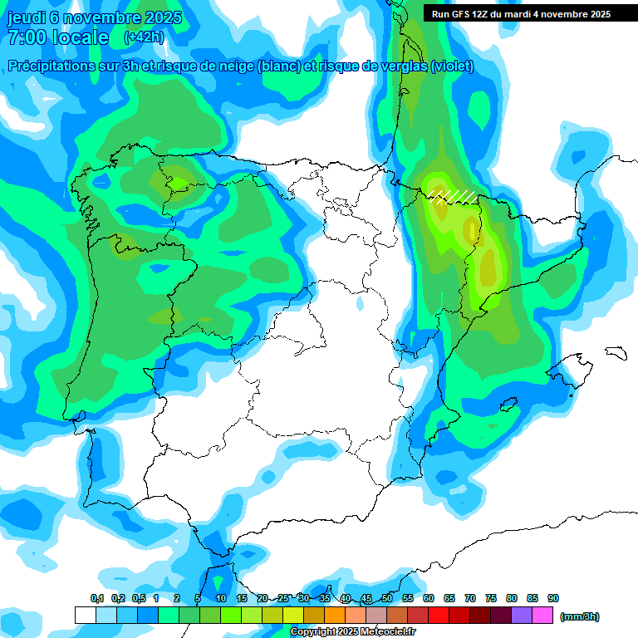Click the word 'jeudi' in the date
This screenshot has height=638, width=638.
pyautogui.click(x=27, y=17)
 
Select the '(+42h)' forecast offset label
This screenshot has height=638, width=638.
pyautogui.click(x=144, y=37)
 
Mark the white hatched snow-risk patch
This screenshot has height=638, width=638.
pyautogui.click(x=454, y=196)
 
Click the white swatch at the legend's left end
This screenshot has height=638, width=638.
pyautogui.click(x=85, y=616)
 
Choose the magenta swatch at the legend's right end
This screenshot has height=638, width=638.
pyautogui.click(x=542, y=616)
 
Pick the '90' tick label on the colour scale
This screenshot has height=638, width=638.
pyautogui.click(x=553, y=598)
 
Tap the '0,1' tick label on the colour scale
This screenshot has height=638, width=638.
pyautogui.click(x=97, y=598)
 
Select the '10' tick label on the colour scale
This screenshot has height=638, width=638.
pyautogui.click(x=221, y=598)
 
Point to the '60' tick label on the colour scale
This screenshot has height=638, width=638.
pyautogui.click(x=429, y=598)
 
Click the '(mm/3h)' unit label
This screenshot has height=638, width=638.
pyautogui.click(x=580, y=616)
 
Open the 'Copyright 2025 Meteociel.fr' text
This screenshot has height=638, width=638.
pyautogui.click(x=353, y=631)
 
